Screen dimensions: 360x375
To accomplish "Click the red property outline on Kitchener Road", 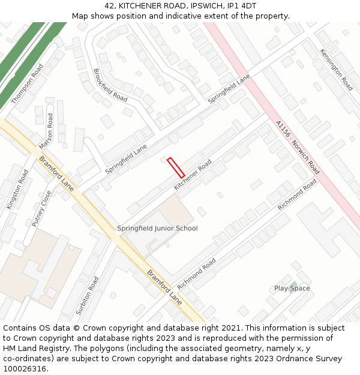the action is tap(176, 167).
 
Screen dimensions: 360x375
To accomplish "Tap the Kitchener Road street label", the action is tap(193, 176).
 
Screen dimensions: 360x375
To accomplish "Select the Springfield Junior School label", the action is tap(157, 228).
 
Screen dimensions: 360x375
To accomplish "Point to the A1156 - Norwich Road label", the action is tap(298, 148).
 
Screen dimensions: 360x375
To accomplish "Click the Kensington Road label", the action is tap(336, 70).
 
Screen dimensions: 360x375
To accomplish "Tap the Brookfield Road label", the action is tap(110, 85).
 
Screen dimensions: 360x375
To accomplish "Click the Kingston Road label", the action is tap(17, 189).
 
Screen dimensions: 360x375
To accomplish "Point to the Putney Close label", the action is tap(42, 209).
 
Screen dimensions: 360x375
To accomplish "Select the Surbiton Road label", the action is tap(88, 296).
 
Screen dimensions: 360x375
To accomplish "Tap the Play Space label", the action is tap(292, 289).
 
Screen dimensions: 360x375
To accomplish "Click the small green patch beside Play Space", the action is tap(293, 283).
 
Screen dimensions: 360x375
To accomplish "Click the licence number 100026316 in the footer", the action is tap(25, 368).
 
